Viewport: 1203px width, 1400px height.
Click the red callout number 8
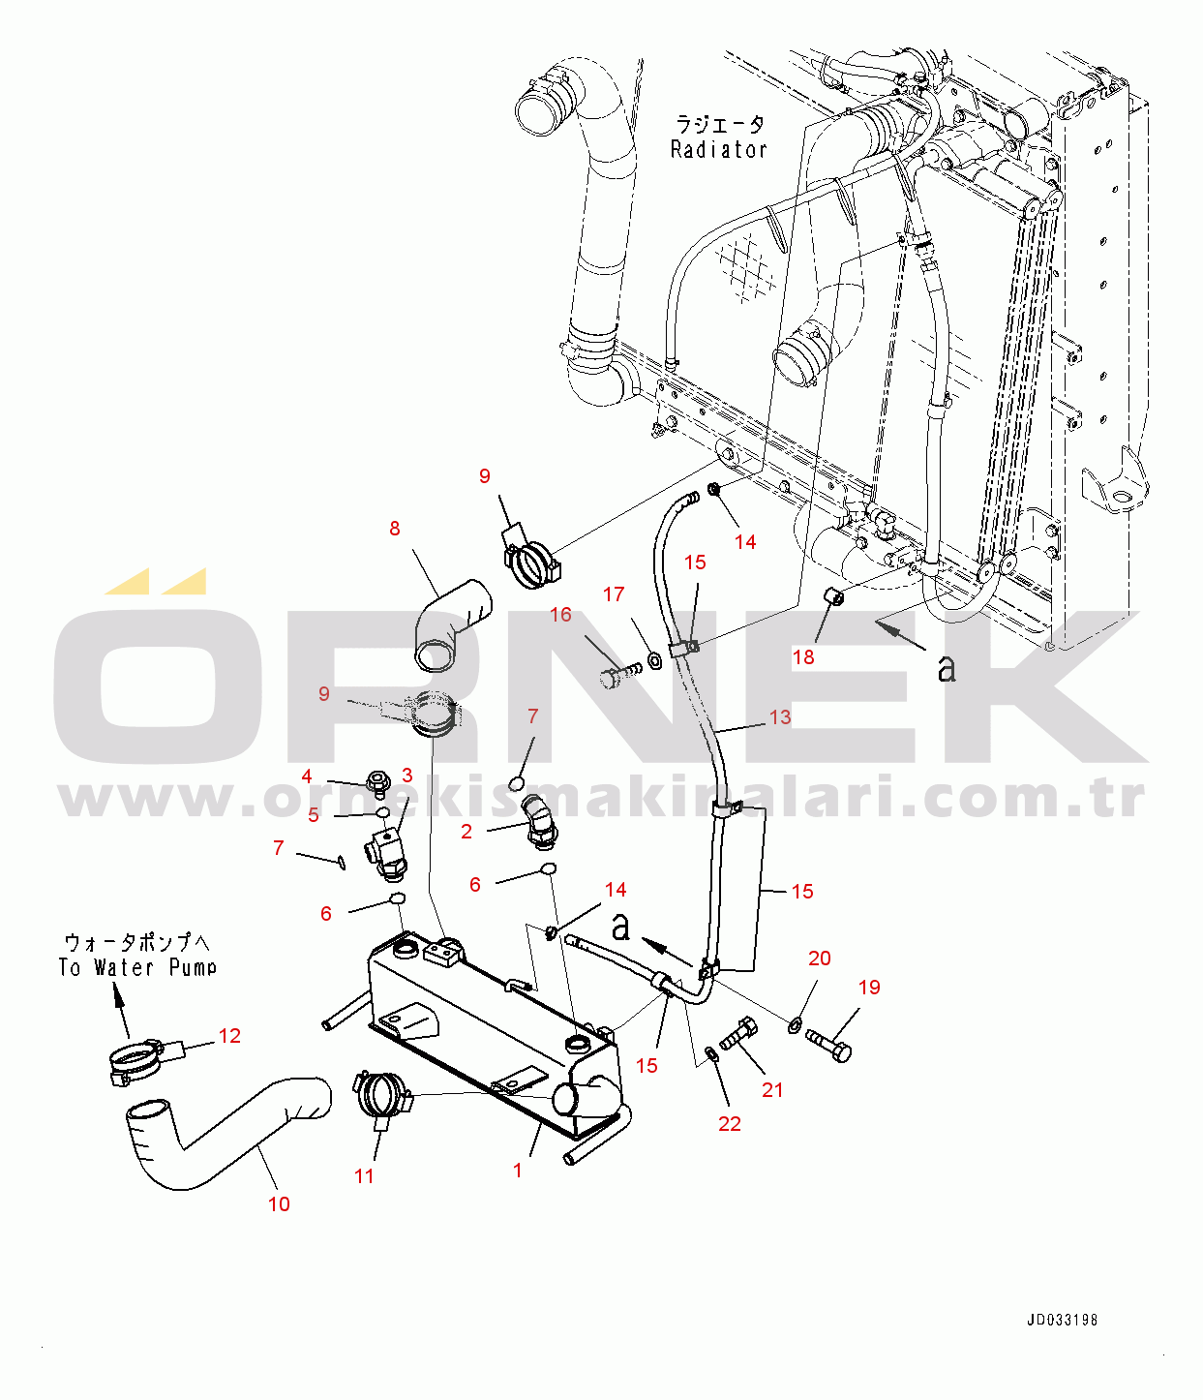click(395, 529)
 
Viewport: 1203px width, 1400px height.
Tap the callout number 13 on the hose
click(780, 717)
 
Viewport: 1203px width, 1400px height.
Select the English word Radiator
click(718, 150)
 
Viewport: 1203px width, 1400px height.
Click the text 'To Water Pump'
click(137, 967)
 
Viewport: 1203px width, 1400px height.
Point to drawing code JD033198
click(1062, 1321)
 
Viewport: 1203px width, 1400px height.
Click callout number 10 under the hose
click(279, 1204)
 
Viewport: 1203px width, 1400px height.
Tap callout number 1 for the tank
click(518, 1171)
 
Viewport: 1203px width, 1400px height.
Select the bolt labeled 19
click(828, 1046)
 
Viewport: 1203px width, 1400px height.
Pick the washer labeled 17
click(653, 661)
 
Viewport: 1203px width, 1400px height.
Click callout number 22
click(730, 1124)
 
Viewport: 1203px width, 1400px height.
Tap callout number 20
click(820, 959)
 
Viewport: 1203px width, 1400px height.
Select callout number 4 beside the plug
click(307, 776)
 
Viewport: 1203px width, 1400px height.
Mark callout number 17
click(614, 594)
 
